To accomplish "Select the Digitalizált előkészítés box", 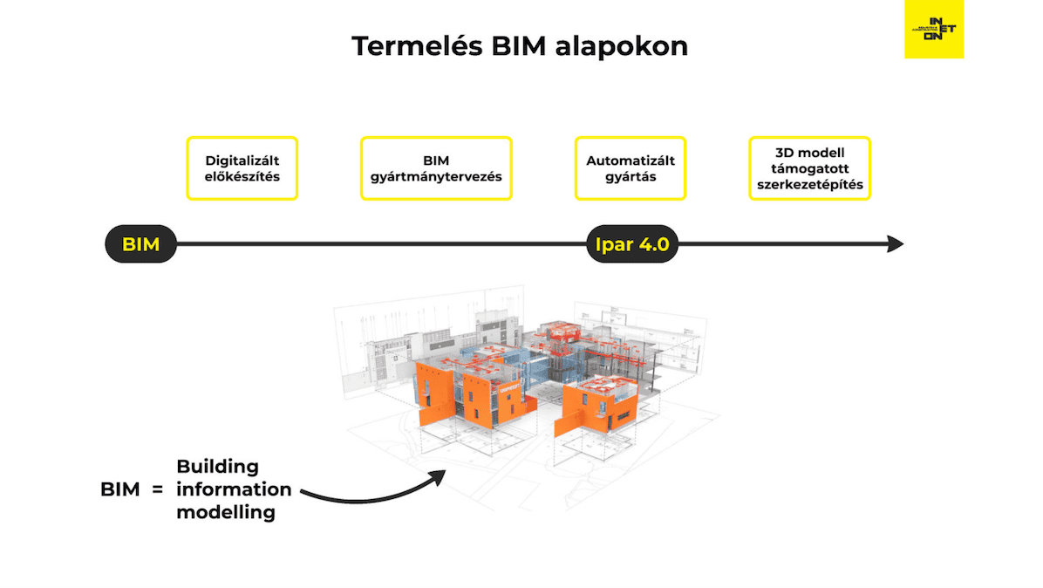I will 242,168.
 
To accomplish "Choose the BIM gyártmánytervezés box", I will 435,168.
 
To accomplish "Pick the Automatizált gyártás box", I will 631,168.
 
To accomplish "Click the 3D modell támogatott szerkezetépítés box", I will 809,168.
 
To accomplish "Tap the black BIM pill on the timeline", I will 140,244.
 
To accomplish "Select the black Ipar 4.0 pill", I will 631,244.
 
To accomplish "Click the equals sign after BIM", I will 157,489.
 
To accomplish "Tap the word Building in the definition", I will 217,467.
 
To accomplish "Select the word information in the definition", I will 234,489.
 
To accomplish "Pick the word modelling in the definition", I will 225,512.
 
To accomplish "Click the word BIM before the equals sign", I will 119,489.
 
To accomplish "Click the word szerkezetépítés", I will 809,185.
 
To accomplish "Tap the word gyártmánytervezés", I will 435,176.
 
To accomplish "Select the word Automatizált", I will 631,161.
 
